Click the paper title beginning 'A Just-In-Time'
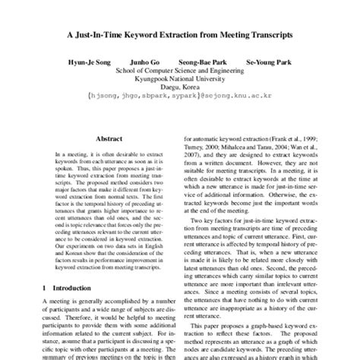[180, 35]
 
